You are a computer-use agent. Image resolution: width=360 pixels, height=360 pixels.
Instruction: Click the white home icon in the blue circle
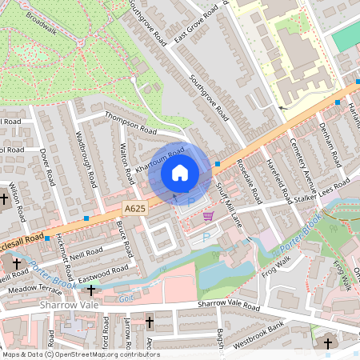(179, 173)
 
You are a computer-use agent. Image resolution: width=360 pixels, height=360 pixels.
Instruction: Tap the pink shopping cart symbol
(209, 215)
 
